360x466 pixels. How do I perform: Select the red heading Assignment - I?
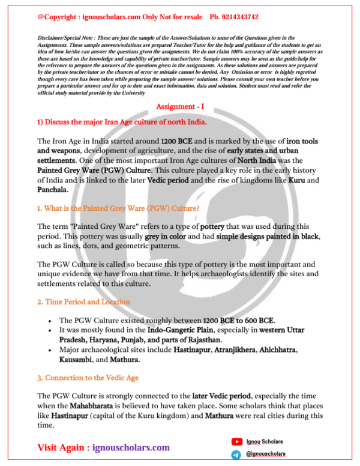pos(179,106)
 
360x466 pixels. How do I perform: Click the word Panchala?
pos(52,190)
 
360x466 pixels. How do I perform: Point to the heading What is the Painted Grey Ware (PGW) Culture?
pos(118,208)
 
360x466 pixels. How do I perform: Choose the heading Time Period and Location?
pos(83,301)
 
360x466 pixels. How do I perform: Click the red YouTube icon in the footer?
pos(236,442)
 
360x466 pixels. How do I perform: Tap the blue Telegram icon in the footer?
pos(236,455)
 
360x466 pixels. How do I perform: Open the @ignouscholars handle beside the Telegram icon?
pos(266,455)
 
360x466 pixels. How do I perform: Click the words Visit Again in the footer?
pos(62,448)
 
